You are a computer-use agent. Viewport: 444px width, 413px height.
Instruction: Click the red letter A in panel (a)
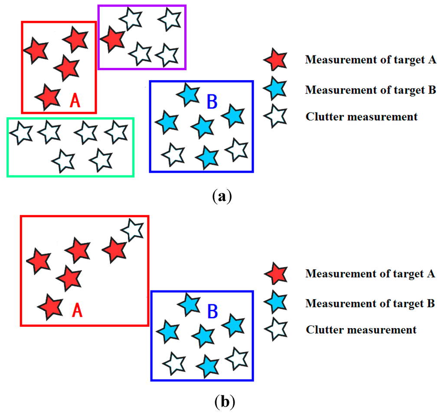(75, 100)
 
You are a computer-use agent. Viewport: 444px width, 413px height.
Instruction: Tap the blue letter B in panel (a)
(212, 102)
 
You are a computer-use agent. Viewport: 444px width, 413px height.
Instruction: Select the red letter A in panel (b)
(76, 310)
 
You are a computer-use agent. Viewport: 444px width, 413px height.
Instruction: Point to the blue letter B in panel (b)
(212, 311)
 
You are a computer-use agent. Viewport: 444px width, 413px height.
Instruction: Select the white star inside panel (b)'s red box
(132, 229)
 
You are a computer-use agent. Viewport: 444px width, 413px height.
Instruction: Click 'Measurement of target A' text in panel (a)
(370, 60)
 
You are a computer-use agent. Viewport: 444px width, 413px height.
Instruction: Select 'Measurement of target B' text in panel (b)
(370, 303)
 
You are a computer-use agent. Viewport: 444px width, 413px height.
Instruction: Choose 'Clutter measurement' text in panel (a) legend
(362, 116)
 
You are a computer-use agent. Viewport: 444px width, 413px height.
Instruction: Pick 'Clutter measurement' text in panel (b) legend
(361, 330)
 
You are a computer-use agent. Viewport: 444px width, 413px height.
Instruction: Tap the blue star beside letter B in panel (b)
(189, 304)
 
